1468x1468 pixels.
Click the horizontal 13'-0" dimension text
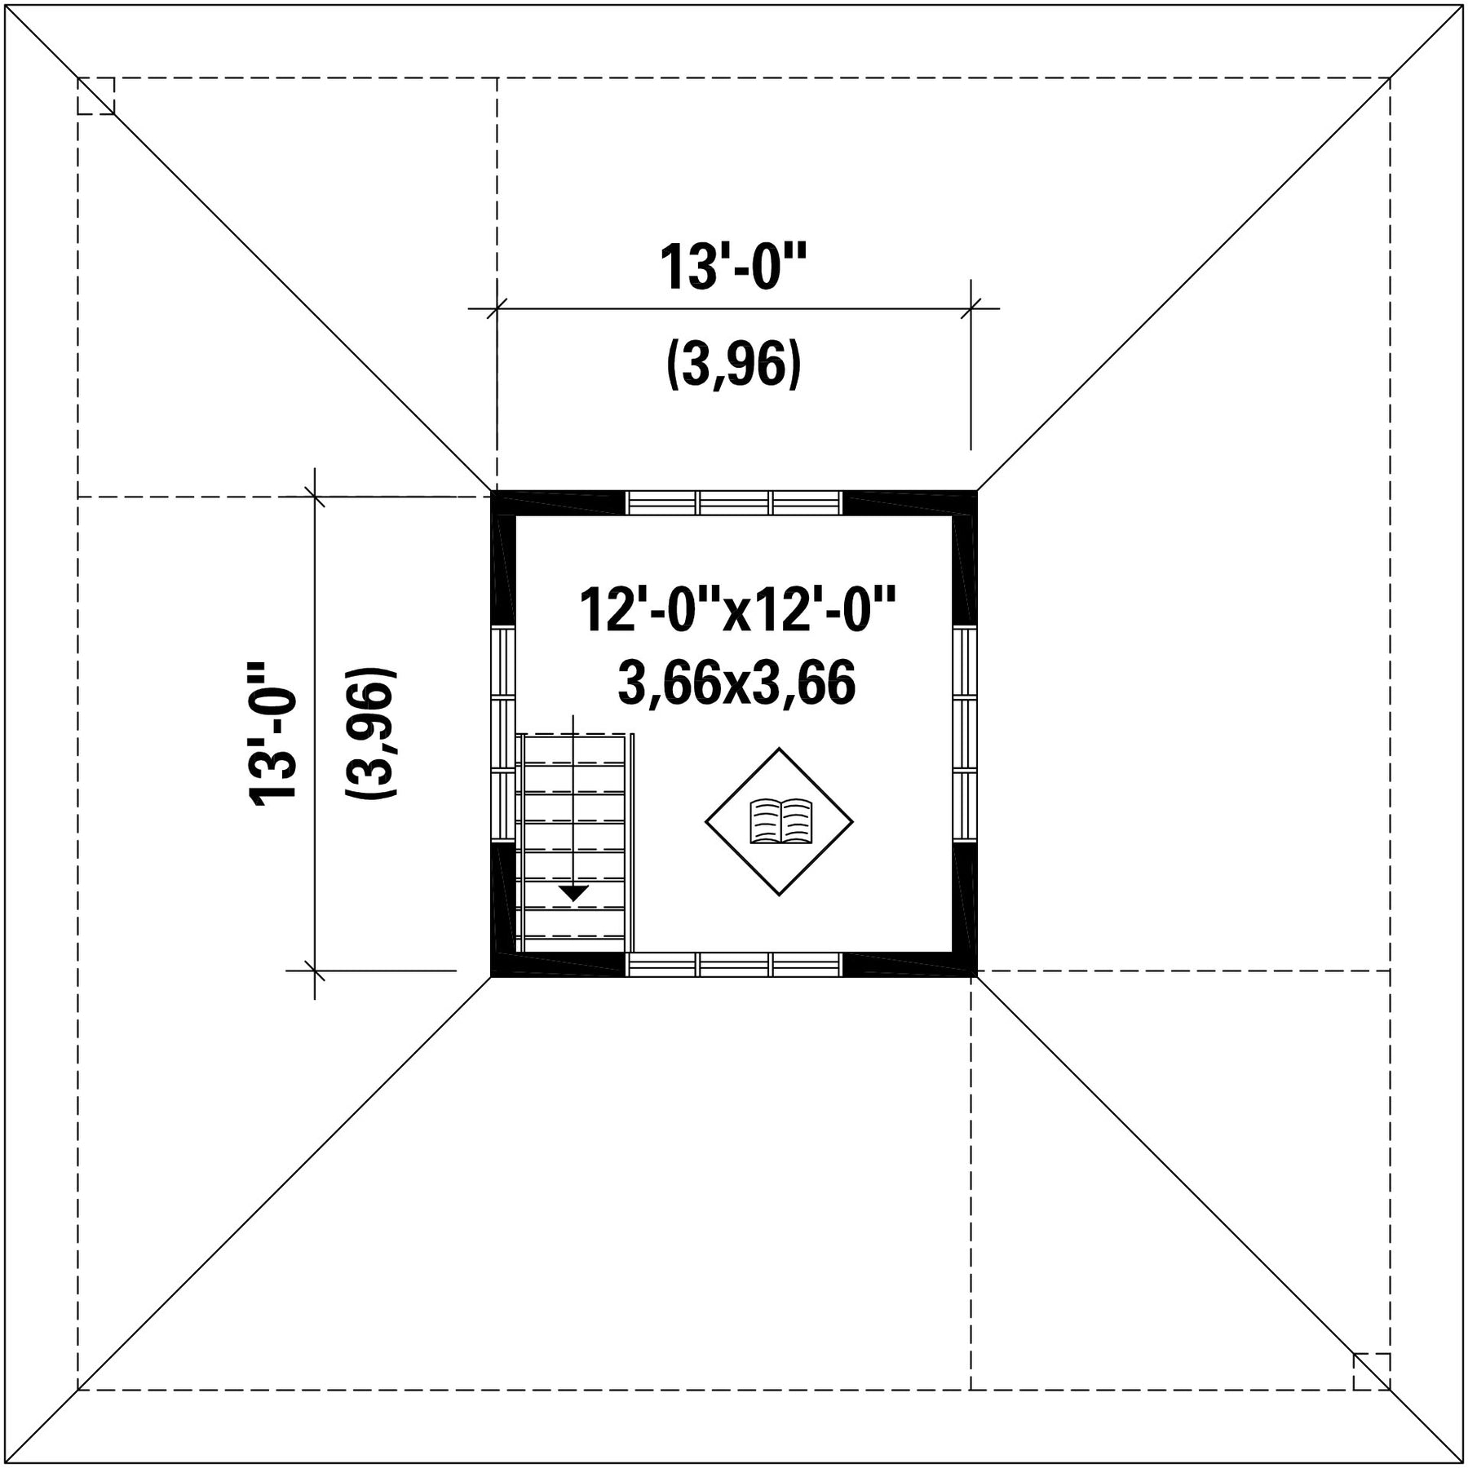[x=732, y=267]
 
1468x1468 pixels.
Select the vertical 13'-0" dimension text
[x=272, y=733]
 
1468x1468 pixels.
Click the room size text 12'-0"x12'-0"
[x=737, y=610]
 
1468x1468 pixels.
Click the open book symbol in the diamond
[x=780, y=820]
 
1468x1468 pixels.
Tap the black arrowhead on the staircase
[x=573, y=892]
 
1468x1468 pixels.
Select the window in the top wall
[x=734, y=502]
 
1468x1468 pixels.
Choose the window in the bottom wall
[x=734, y=964]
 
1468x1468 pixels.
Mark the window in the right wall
[x=965, y=734]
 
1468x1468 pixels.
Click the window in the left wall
[x=503, y=734]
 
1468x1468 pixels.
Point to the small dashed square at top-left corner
[x=96, y=96]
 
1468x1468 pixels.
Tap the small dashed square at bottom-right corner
[x=1372, y=1371]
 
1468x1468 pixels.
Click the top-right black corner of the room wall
[x=965, y=503]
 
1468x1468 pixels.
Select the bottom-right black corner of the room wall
[x=965, y=964]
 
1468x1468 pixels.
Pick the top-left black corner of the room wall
[x=503, y=503]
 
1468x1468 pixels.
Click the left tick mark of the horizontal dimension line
[x=497, y=309]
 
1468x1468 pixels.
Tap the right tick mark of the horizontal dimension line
[x=971, y=309]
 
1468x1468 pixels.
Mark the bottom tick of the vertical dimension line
[x=315, y=971]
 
